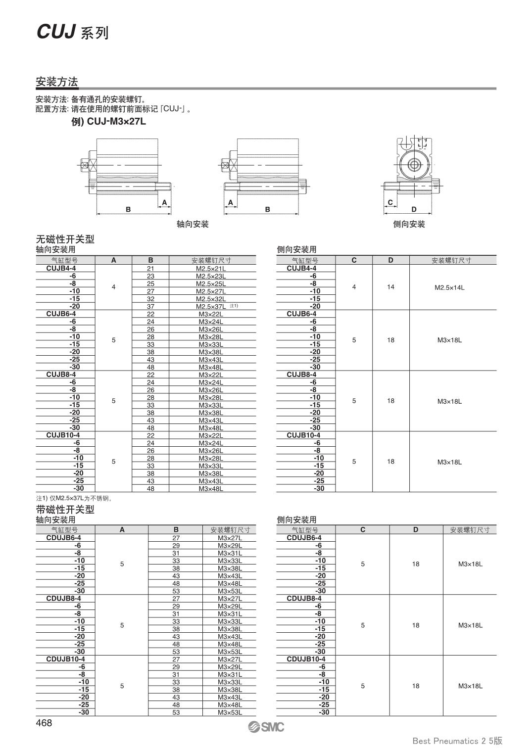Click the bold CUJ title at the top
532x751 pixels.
(55, 32)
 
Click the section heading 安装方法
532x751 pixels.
(57, 82)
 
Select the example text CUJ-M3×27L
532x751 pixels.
(116, 121)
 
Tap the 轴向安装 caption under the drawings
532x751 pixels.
(193, 224)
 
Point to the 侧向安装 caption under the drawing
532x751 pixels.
(409, 224)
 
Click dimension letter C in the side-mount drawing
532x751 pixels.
(390, 202)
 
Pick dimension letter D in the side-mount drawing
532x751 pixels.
(414, 209)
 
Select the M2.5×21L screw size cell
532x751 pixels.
(211, 269)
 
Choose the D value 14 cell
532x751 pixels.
(390, 287)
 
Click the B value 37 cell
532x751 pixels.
(150, 307)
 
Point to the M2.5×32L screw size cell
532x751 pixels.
(211, 299)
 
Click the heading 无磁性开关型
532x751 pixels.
(65, 239)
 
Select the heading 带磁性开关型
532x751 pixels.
(65, 510)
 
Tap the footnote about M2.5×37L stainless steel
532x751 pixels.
(74, 498)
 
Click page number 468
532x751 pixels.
(44, 723)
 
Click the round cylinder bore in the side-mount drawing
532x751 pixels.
(412, 163)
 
